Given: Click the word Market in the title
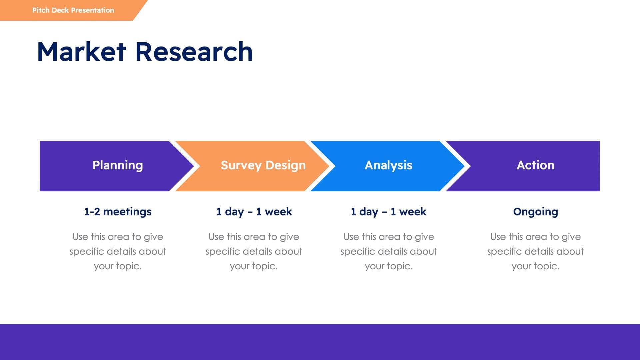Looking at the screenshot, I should (81, 52).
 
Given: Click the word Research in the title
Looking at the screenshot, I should (194, 52).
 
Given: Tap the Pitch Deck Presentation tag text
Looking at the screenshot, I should (73, 10).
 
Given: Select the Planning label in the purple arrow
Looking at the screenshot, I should (118, 165).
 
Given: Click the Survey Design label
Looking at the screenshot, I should (263, 165).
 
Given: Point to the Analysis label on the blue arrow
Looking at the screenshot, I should (388, 165).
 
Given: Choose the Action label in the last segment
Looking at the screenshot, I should (535, 165).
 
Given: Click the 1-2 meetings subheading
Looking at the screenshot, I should (118, 212).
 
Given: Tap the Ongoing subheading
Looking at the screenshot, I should (535, 212).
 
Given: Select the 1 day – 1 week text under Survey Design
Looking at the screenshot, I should (254, 212).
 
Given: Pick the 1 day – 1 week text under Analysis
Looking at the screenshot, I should (388, 212).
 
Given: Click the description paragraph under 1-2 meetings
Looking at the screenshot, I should (118, 251).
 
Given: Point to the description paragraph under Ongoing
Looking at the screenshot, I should (535, 251).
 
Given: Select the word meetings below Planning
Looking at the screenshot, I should (127, 212).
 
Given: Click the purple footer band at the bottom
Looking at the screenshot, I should (320, 342).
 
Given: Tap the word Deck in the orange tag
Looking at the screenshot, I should (60, 10).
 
